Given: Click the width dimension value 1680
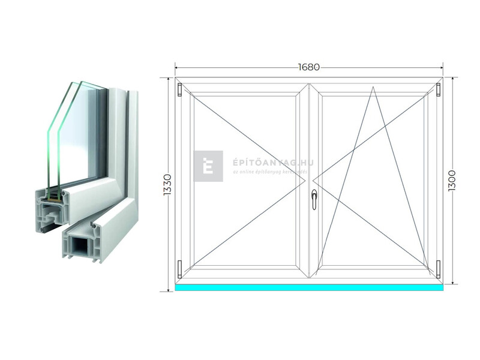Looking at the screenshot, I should [x=308, y=67].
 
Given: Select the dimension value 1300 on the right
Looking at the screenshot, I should [x=452, y=182].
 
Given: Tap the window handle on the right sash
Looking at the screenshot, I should [x=314, y=199].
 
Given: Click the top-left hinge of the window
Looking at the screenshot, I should [x=180, y=89].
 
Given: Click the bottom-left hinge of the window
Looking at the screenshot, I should [x=180, y=269].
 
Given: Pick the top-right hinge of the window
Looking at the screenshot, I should [x=439, y=89].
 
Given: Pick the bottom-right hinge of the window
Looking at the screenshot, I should [x=439, y=269].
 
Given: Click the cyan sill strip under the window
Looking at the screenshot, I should [x=309, y=287].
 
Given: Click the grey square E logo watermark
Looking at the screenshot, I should [x=208, y=166].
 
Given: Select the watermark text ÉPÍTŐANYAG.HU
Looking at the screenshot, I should [x=265, y=163].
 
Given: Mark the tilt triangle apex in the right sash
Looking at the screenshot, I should [x=373, y=88].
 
